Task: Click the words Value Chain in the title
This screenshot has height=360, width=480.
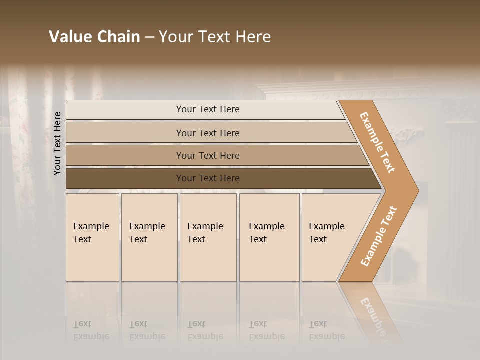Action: (x=94, y=37)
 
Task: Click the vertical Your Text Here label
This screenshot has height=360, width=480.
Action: (x=57, y=144)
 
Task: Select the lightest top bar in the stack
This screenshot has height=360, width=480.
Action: (x=125, y=110)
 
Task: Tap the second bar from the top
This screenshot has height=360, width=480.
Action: (x=125, y=133)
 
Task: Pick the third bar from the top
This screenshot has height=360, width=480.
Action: (x=125, y=155)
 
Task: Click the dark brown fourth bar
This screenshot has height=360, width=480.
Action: (x=125, y=178)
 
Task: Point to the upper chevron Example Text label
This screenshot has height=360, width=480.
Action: (x=377, y=142)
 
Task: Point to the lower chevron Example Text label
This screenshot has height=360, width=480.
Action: (x=378, y=236)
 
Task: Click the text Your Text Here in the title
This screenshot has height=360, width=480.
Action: (x=215, y=37)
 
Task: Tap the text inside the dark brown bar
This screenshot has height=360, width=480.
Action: (x=208, y=178)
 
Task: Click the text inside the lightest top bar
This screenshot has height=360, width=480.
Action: (x=208, y=109)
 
